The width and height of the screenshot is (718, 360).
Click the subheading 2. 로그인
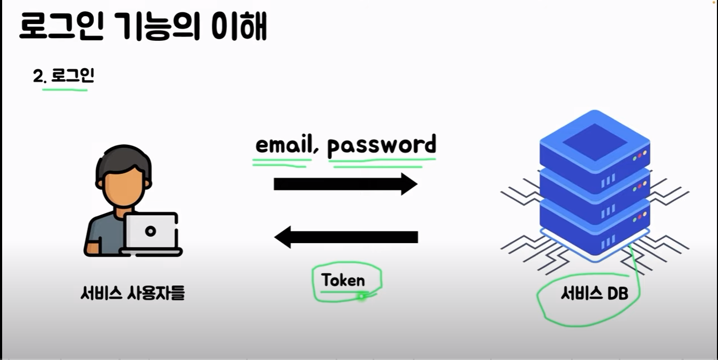tap(63, 76)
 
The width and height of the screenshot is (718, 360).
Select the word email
tap(283, 145)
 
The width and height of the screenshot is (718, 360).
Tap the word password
tap(382, 145)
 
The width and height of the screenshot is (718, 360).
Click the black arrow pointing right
tap(345, 184)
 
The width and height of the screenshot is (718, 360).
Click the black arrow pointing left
tap(346, 237)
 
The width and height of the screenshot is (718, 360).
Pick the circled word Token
tap(343, 280)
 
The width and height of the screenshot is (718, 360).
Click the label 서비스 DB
tap(594, 293)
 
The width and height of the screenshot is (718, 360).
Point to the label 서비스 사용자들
tap(132, 293)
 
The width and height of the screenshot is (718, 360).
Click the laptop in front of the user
tap(151, 234)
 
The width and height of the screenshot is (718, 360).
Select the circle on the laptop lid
tap(151, 231)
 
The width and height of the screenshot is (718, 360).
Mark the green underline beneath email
tap(281, 161)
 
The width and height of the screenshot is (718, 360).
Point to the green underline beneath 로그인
tap(64, 89)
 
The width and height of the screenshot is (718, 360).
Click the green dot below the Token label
tap(362, 296)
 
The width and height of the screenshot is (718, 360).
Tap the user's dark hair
tap(120, 161)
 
